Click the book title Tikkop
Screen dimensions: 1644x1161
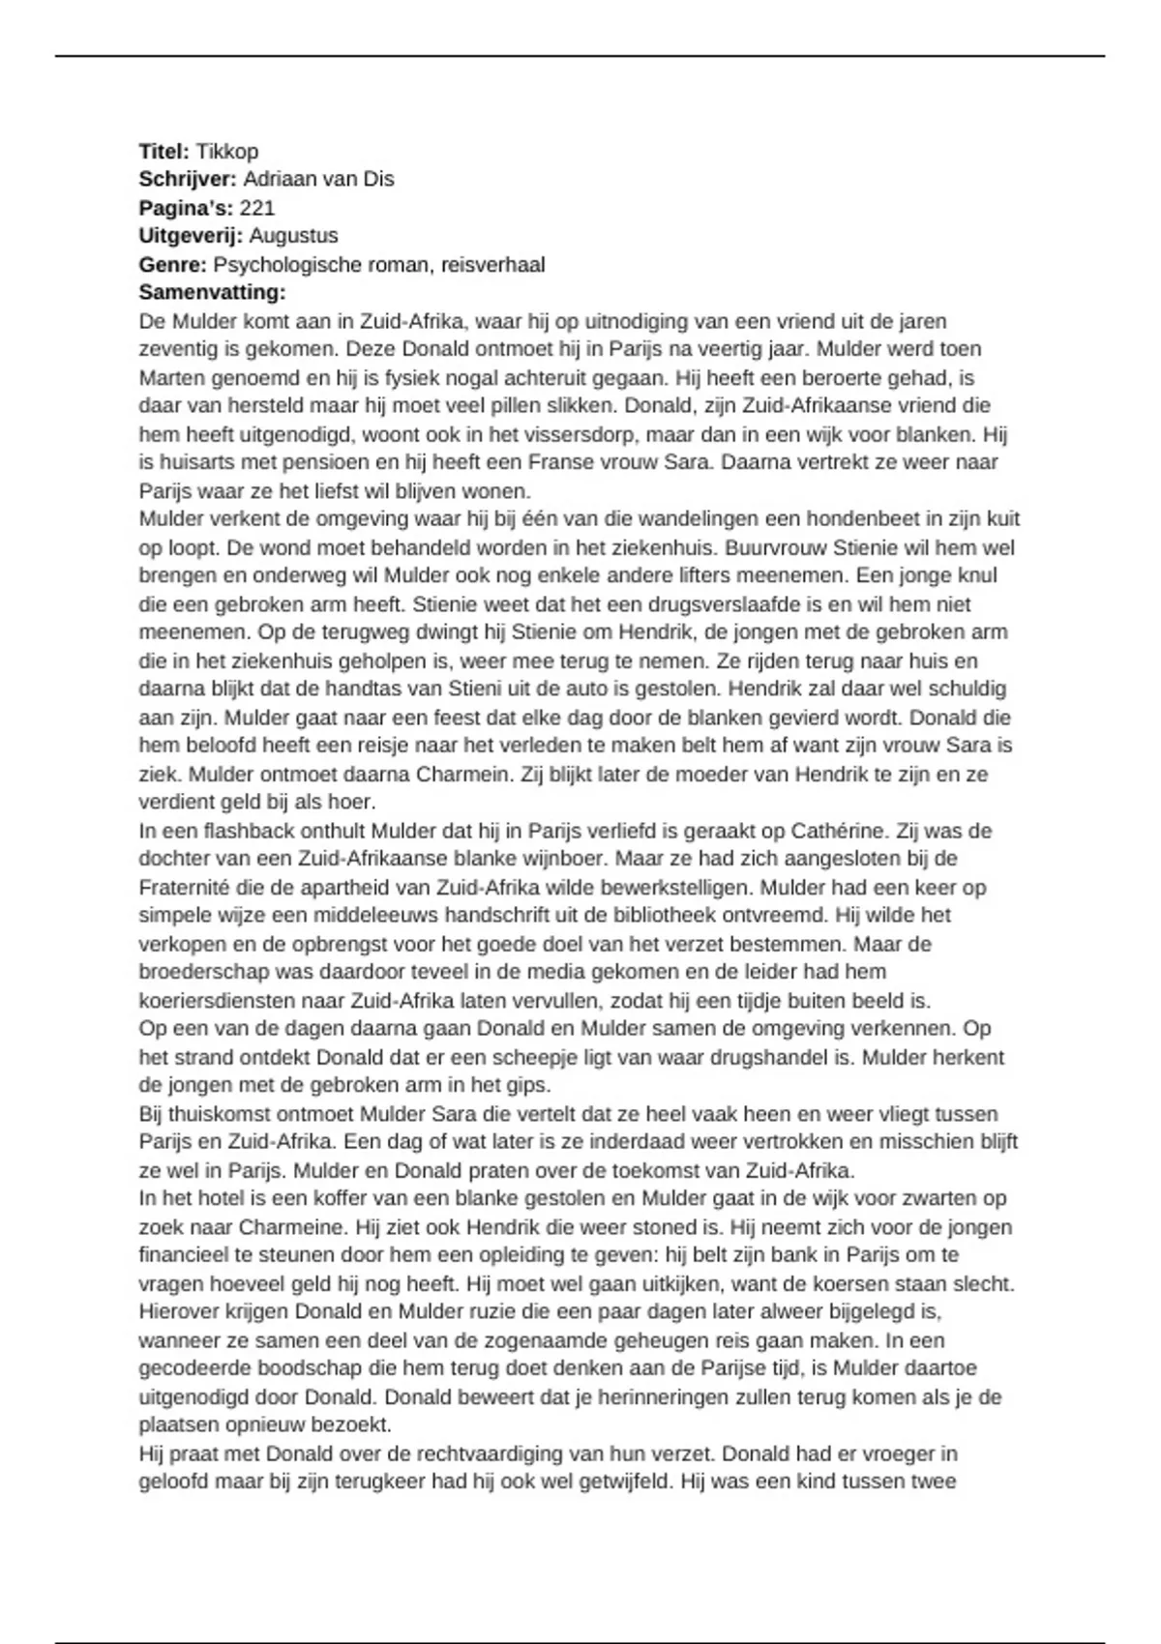point(226,151)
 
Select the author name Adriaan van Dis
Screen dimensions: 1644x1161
point(318,179)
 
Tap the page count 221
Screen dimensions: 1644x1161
point(257,207)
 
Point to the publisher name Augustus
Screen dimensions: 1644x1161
point(293,235)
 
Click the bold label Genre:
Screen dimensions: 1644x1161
point(173,264)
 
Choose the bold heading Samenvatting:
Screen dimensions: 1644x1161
point(212,292)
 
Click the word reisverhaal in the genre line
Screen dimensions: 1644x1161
point(492,264)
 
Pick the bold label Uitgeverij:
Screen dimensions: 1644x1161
point(191,235)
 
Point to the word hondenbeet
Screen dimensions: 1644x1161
point(875,519)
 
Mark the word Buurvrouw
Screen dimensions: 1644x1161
point(767,547)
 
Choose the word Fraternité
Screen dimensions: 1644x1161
point(189,888)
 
